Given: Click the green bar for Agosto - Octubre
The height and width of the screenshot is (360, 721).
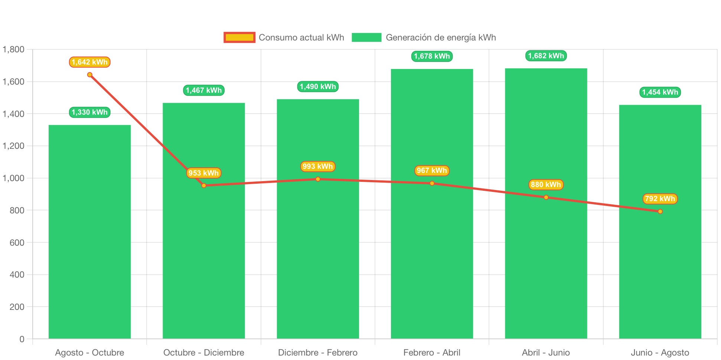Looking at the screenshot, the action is tap(89, 232).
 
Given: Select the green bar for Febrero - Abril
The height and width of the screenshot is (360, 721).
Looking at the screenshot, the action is tap(432, 204).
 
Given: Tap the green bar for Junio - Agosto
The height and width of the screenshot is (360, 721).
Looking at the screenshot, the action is tap(660, 222).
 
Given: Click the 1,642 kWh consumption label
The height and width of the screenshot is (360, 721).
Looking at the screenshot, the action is tap(90, 62).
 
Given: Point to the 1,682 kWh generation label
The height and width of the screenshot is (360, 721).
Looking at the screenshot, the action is tap(546, 56).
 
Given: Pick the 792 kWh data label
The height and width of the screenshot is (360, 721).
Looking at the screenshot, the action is tap(660, 199).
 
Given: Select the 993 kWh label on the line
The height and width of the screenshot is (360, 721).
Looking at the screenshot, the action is tap(318, 167).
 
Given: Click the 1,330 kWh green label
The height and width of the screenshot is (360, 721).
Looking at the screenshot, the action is tap(90, 112).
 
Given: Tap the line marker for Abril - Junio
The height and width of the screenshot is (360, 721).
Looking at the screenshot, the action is tap(546, 197).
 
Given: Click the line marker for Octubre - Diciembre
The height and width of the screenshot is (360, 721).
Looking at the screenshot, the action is tap(204, 186).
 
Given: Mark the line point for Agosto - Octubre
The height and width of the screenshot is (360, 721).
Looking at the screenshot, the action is tap(90, 75).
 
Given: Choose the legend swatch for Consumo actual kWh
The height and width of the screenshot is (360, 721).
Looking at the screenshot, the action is tap(239, 37).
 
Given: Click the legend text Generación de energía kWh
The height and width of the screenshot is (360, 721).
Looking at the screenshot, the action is tap(441, 37).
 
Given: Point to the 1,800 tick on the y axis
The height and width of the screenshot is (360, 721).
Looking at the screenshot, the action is tap(13, 49).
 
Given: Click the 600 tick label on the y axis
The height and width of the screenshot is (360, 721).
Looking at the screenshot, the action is tap(17, 242).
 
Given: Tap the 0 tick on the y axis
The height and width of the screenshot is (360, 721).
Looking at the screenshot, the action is tap(22, 339).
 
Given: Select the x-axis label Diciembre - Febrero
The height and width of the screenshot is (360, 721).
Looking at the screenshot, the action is tap(318, 353).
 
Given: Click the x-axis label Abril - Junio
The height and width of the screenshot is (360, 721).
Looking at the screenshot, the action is tap(546, 353).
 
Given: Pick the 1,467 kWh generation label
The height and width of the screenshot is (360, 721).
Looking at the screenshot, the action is tap(204, 90).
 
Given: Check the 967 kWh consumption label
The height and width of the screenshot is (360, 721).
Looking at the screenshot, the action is tap(432, 171).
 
